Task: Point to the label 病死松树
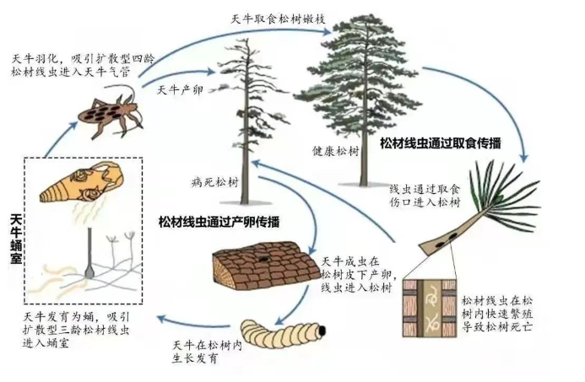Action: click(x=211, y=181)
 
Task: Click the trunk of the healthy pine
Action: click(x=361, y=160)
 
